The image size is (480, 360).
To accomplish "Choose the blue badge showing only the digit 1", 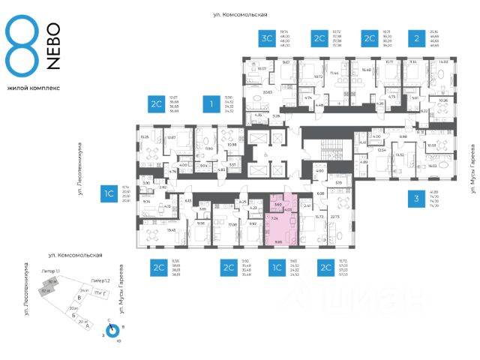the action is pos(213,103).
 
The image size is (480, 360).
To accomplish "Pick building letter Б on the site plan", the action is pos(72,317).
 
